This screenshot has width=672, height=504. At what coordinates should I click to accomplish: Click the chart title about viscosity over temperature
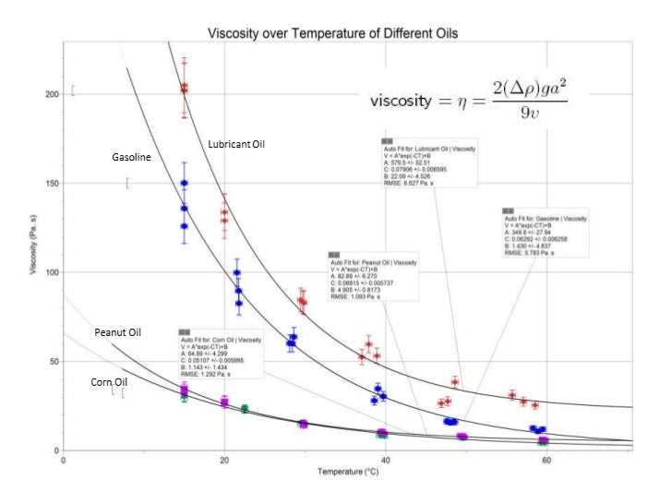pos(333,33)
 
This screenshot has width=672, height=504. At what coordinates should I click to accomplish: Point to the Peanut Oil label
pos(117,331)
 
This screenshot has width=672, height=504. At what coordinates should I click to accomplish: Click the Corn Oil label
pos(110,381)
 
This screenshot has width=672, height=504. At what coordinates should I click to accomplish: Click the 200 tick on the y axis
pos(52,95)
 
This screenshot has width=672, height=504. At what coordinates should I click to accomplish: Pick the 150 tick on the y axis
pos(52,184)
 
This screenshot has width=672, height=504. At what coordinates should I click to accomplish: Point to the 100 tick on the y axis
pos(52,272)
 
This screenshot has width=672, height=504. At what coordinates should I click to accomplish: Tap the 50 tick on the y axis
pos(54,362)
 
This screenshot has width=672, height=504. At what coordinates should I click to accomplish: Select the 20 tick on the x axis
pos(223,460)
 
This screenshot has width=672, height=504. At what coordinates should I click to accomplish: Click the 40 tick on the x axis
pos(385,460)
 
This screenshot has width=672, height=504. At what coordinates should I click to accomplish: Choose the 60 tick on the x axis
pos(546,460)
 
